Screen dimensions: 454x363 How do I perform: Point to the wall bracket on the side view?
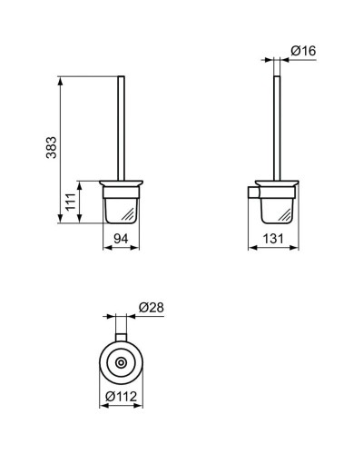tap(253, 192)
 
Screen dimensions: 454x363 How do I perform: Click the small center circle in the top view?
tap(121, 362)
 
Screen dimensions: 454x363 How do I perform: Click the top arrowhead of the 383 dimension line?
tap(61, 81)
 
